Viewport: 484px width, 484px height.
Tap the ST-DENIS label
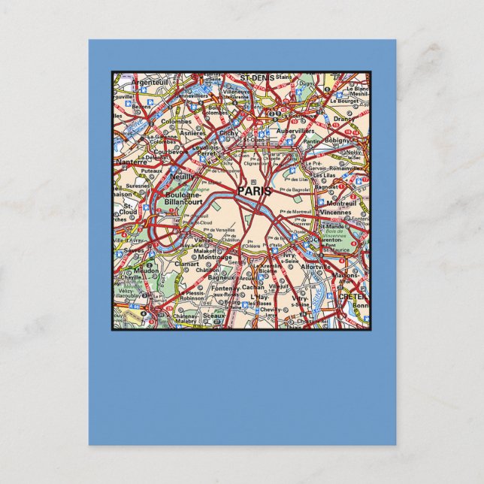pyautogui.click(x=256, y=77)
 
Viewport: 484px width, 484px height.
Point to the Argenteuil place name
pyautogui.click(x=149, y=81)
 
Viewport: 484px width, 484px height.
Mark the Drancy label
pyautogui.click(x=343, y=118)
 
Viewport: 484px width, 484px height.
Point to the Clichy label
pyautogui.click(x=229, y=132)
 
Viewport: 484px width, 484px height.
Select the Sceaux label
pyautogui.click(x=213, y=316)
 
